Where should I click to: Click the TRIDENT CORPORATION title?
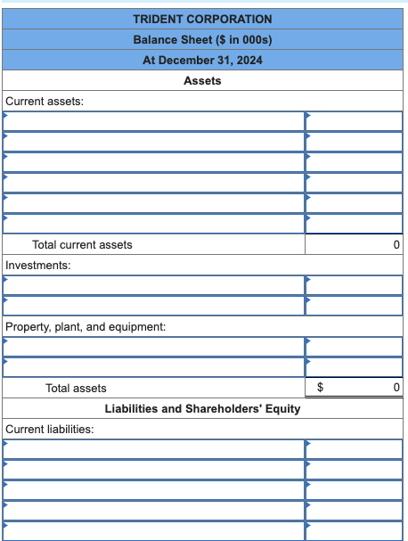point(202,19)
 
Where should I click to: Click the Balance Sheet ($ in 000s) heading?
point(202,39)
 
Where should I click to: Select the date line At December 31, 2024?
point(202,60)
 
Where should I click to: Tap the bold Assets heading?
point(202,80)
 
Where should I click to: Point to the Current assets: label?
point(45,101)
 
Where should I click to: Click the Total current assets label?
point(82,244)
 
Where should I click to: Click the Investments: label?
point(38,265)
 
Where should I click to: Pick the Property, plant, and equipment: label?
point(86,327)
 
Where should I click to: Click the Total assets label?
point(76,388)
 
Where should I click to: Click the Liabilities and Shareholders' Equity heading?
point(202,408)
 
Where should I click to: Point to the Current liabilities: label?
point(50,429)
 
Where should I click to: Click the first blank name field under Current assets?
point(152,120)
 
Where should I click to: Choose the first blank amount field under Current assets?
point(354,120)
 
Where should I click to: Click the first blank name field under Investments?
point(152,284)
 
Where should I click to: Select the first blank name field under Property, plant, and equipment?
point(152,347)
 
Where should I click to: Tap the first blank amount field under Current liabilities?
point(354,448)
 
